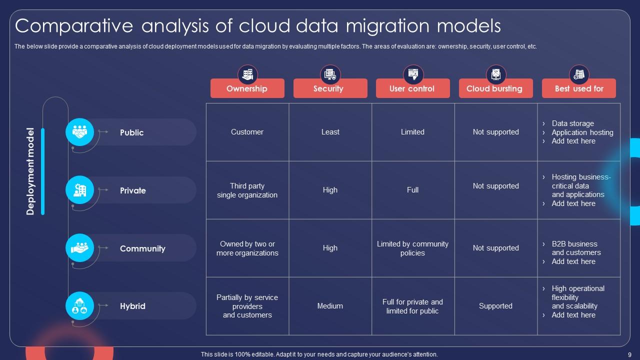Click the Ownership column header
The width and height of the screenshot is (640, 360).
coord(247,88)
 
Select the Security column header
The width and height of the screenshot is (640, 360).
coord(330,88)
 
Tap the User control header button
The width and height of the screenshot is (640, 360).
coord(412,88)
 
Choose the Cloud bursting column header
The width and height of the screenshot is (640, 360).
coord(495,88)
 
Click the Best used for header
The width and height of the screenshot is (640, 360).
coord(578,88)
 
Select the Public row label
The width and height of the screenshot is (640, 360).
coord(131,132)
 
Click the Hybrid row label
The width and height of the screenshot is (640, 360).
coord(132,306)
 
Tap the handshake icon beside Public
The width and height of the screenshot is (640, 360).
coord(80,132)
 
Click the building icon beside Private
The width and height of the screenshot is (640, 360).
coord(80,190)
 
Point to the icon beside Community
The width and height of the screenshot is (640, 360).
coord(80,248)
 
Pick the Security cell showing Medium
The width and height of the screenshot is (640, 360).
coord(330,306)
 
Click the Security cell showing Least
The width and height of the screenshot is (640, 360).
coord(330,132)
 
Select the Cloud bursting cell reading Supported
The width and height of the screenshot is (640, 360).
coord(495,306)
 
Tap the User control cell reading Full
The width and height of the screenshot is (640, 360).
coord(412,190)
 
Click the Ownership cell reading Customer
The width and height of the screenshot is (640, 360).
coord(247,132)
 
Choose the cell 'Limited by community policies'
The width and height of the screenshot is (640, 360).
coord(412,248)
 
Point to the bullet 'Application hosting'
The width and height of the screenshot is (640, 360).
coord(582,132)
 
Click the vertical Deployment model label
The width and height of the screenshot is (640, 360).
coord(30,171)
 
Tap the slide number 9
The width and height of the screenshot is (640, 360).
coord(629,354)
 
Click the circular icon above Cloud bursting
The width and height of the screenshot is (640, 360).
coord(496,74)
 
